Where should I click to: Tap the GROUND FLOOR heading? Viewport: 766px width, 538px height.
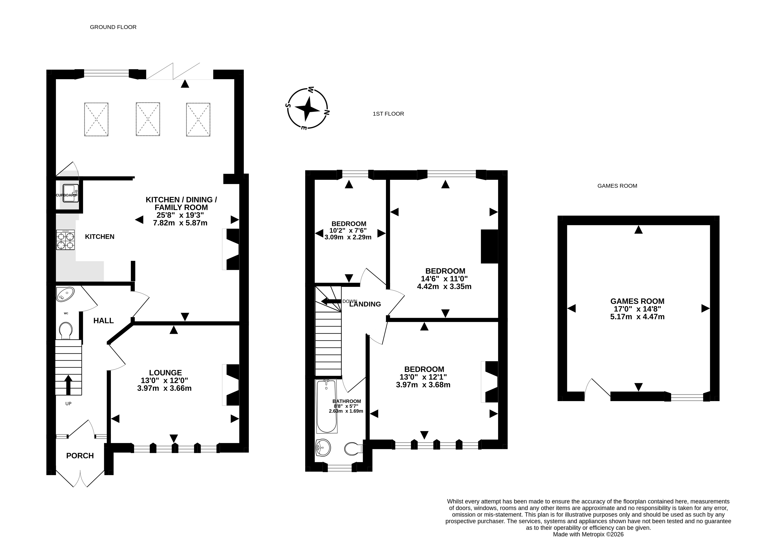(x=113, y=27)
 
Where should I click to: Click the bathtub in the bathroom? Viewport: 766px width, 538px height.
(x=326, y=406)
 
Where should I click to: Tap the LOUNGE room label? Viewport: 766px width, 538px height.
(x=165, y=373)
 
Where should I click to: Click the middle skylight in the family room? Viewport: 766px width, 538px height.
(x=148, y=119)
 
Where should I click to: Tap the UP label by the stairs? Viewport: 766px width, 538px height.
(x=68, y=404)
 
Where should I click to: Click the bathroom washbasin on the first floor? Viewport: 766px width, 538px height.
(x=323, y=447)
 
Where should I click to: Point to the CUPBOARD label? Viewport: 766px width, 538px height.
(x=66, y=195)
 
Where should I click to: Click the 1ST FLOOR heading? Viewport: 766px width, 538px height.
(x=388, y=114)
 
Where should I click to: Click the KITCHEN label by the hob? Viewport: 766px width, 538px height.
(x=100, y=237)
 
